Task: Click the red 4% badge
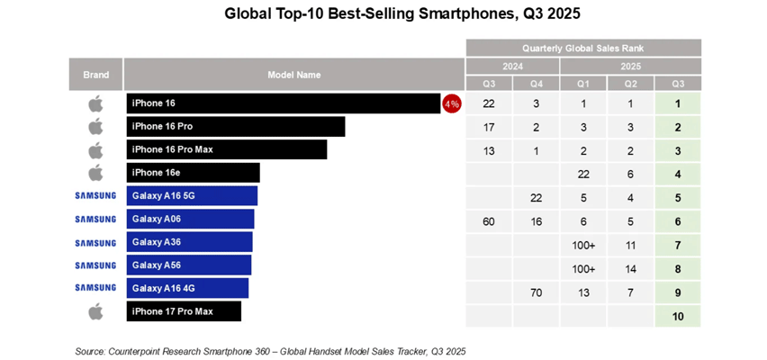tap(451, 103)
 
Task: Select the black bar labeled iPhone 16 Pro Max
tap(226, 149)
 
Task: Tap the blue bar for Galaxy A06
tap(190, 220)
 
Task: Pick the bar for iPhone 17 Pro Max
tap(184, 312)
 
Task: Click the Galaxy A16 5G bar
tap(192, 196)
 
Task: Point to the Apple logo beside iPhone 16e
tap(95, 173)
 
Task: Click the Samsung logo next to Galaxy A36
tap(95, 243)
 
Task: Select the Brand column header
tap(95, 75)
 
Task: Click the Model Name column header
tap(293, 75)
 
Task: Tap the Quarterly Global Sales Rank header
tap(582, 49)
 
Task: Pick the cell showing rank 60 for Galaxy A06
tap(489, 220)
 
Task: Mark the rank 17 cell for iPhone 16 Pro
tap(489, 127)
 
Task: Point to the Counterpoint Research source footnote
tap(270, 350)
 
